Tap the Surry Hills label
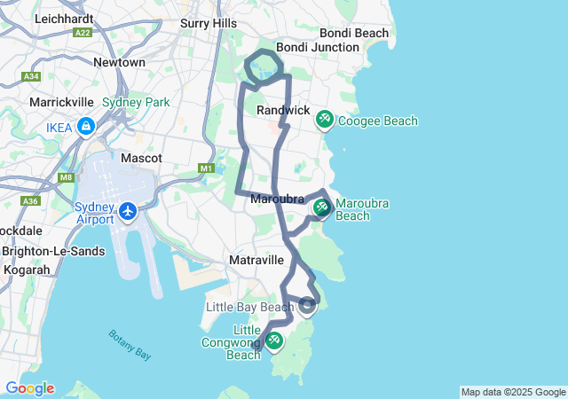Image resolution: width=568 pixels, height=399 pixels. tap(208, 23)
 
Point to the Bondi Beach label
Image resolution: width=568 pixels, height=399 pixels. tap(355, 33)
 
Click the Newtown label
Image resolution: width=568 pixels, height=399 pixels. tap(119, 62)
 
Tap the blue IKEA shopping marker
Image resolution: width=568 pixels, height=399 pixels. tap(86, 127)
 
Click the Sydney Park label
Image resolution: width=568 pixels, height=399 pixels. tap(135, 102)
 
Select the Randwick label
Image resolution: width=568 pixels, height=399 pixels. tap(283, 110)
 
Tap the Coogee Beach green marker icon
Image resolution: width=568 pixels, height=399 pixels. tap(325, 119)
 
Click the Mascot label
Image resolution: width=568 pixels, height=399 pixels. tap(141, 158)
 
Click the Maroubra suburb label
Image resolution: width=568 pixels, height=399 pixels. tap(278, 198)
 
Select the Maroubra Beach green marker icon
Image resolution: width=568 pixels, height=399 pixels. tap(321, 207)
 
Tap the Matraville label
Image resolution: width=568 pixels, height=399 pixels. tap(256, 260)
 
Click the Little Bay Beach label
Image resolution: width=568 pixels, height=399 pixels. tap(248, 307)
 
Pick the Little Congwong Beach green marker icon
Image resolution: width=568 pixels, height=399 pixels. tap(274, 340)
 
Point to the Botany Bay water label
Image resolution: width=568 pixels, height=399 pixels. tap(130, 344)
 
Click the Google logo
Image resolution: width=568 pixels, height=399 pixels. tap(29, 388)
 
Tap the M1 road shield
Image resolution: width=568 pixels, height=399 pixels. tap(207, 168)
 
